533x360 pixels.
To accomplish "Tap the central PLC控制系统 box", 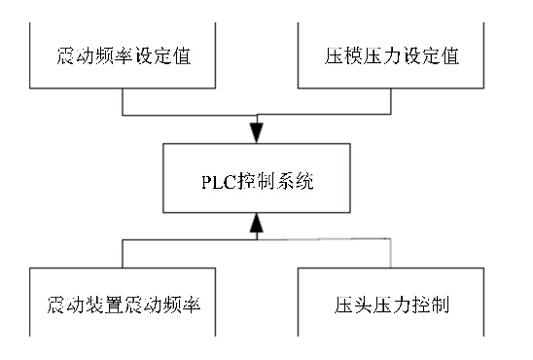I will [258, 180].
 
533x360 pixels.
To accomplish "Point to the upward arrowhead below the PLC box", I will [257, 228].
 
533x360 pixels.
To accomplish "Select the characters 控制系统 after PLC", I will [274, 181].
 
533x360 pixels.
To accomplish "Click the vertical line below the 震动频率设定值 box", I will [122, 103].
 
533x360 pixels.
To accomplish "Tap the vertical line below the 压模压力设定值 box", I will [391, 103].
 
